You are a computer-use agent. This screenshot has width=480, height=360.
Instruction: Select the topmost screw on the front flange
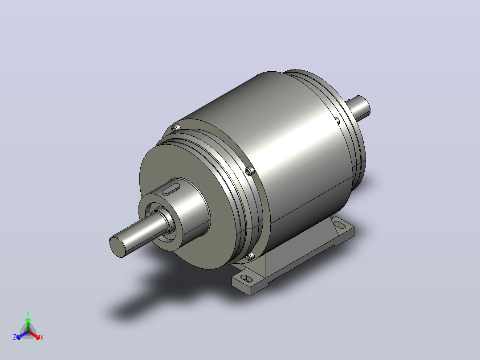tap(175, 128)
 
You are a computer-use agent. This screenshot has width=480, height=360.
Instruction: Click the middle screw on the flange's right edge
tap(250, 170)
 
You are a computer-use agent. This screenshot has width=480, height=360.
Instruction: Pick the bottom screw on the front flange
tap(250, 256)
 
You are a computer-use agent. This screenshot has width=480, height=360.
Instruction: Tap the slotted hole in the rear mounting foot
tap(340, 225)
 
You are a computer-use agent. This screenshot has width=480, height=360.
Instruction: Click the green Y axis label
tap(28, 313)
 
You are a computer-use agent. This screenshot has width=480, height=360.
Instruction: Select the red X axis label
tap(42, 337)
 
